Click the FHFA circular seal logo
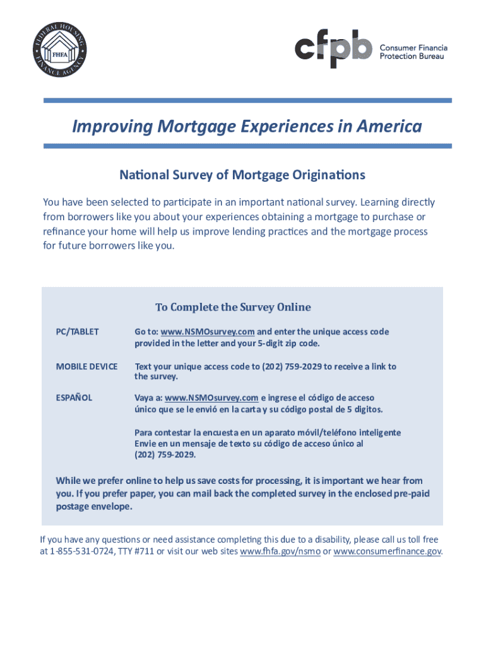(x=61, y=51)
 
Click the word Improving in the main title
(x=110, y=127)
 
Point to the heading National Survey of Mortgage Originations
(x=242, y=174)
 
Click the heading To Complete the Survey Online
(x=233, y=307)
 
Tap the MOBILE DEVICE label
(x=86, y=367)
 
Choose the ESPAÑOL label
(x=74, y=398)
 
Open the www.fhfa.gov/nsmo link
(x=281, y=551)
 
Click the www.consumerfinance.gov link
(x=387, y=551)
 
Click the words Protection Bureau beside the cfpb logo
(x=412, y=56)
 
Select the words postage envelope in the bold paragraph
(x=93, y=507)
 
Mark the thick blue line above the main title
(x=247, y=100)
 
